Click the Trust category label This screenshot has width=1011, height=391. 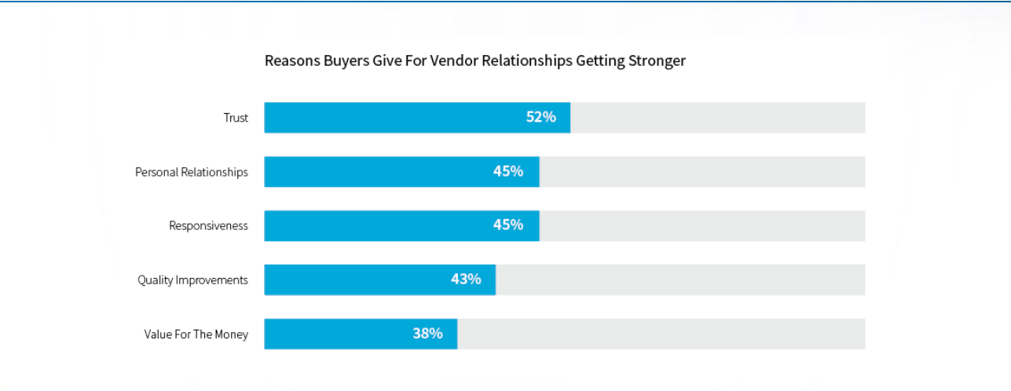pyautogui.click(x=236, y=118)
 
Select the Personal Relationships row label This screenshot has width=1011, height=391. pyautogui.click(x=191, y=172)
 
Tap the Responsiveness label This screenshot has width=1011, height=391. pyautogui.click(x=208, y=226)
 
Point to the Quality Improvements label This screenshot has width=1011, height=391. pyautogui.click(x=192, y=280)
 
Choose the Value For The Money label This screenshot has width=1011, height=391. pyautogui.click(x=196, y=334)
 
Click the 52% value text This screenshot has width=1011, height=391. pyautogui.click(x=540, y=117)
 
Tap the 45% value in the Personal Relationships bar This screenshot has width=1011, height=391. pyautogui.click(x=508, y=171)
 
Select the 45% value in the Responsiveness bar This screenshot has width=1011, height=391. pyautogui.click(x=508, y=225)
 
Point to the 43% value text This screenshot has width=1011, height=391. pyautogui.click(x=466, y=279)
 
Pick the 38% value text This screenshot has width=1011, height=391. pyautogui.click(x=427, y=333)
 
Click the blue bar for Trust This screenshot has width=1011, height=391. pyautogui.click(x=393, y=117)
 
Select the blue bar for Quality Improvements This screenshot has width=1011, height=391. pyautogui.click(x=353, y=280)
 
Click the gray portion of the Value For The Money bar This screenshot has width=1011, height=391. pyautogui.click(x=661, y=334)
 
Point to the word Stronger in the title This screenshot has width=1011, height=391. pyautogui.click(x=656, y=60)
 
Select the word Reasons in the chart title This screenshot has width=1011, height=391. pyautogui.click(x=291, y=60)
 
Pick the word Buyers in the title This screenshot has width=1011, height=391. pyautogui.click(x=345, y=60)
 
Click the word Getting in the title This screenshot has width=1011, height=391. pyautogui.click(x=599, y=61)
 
